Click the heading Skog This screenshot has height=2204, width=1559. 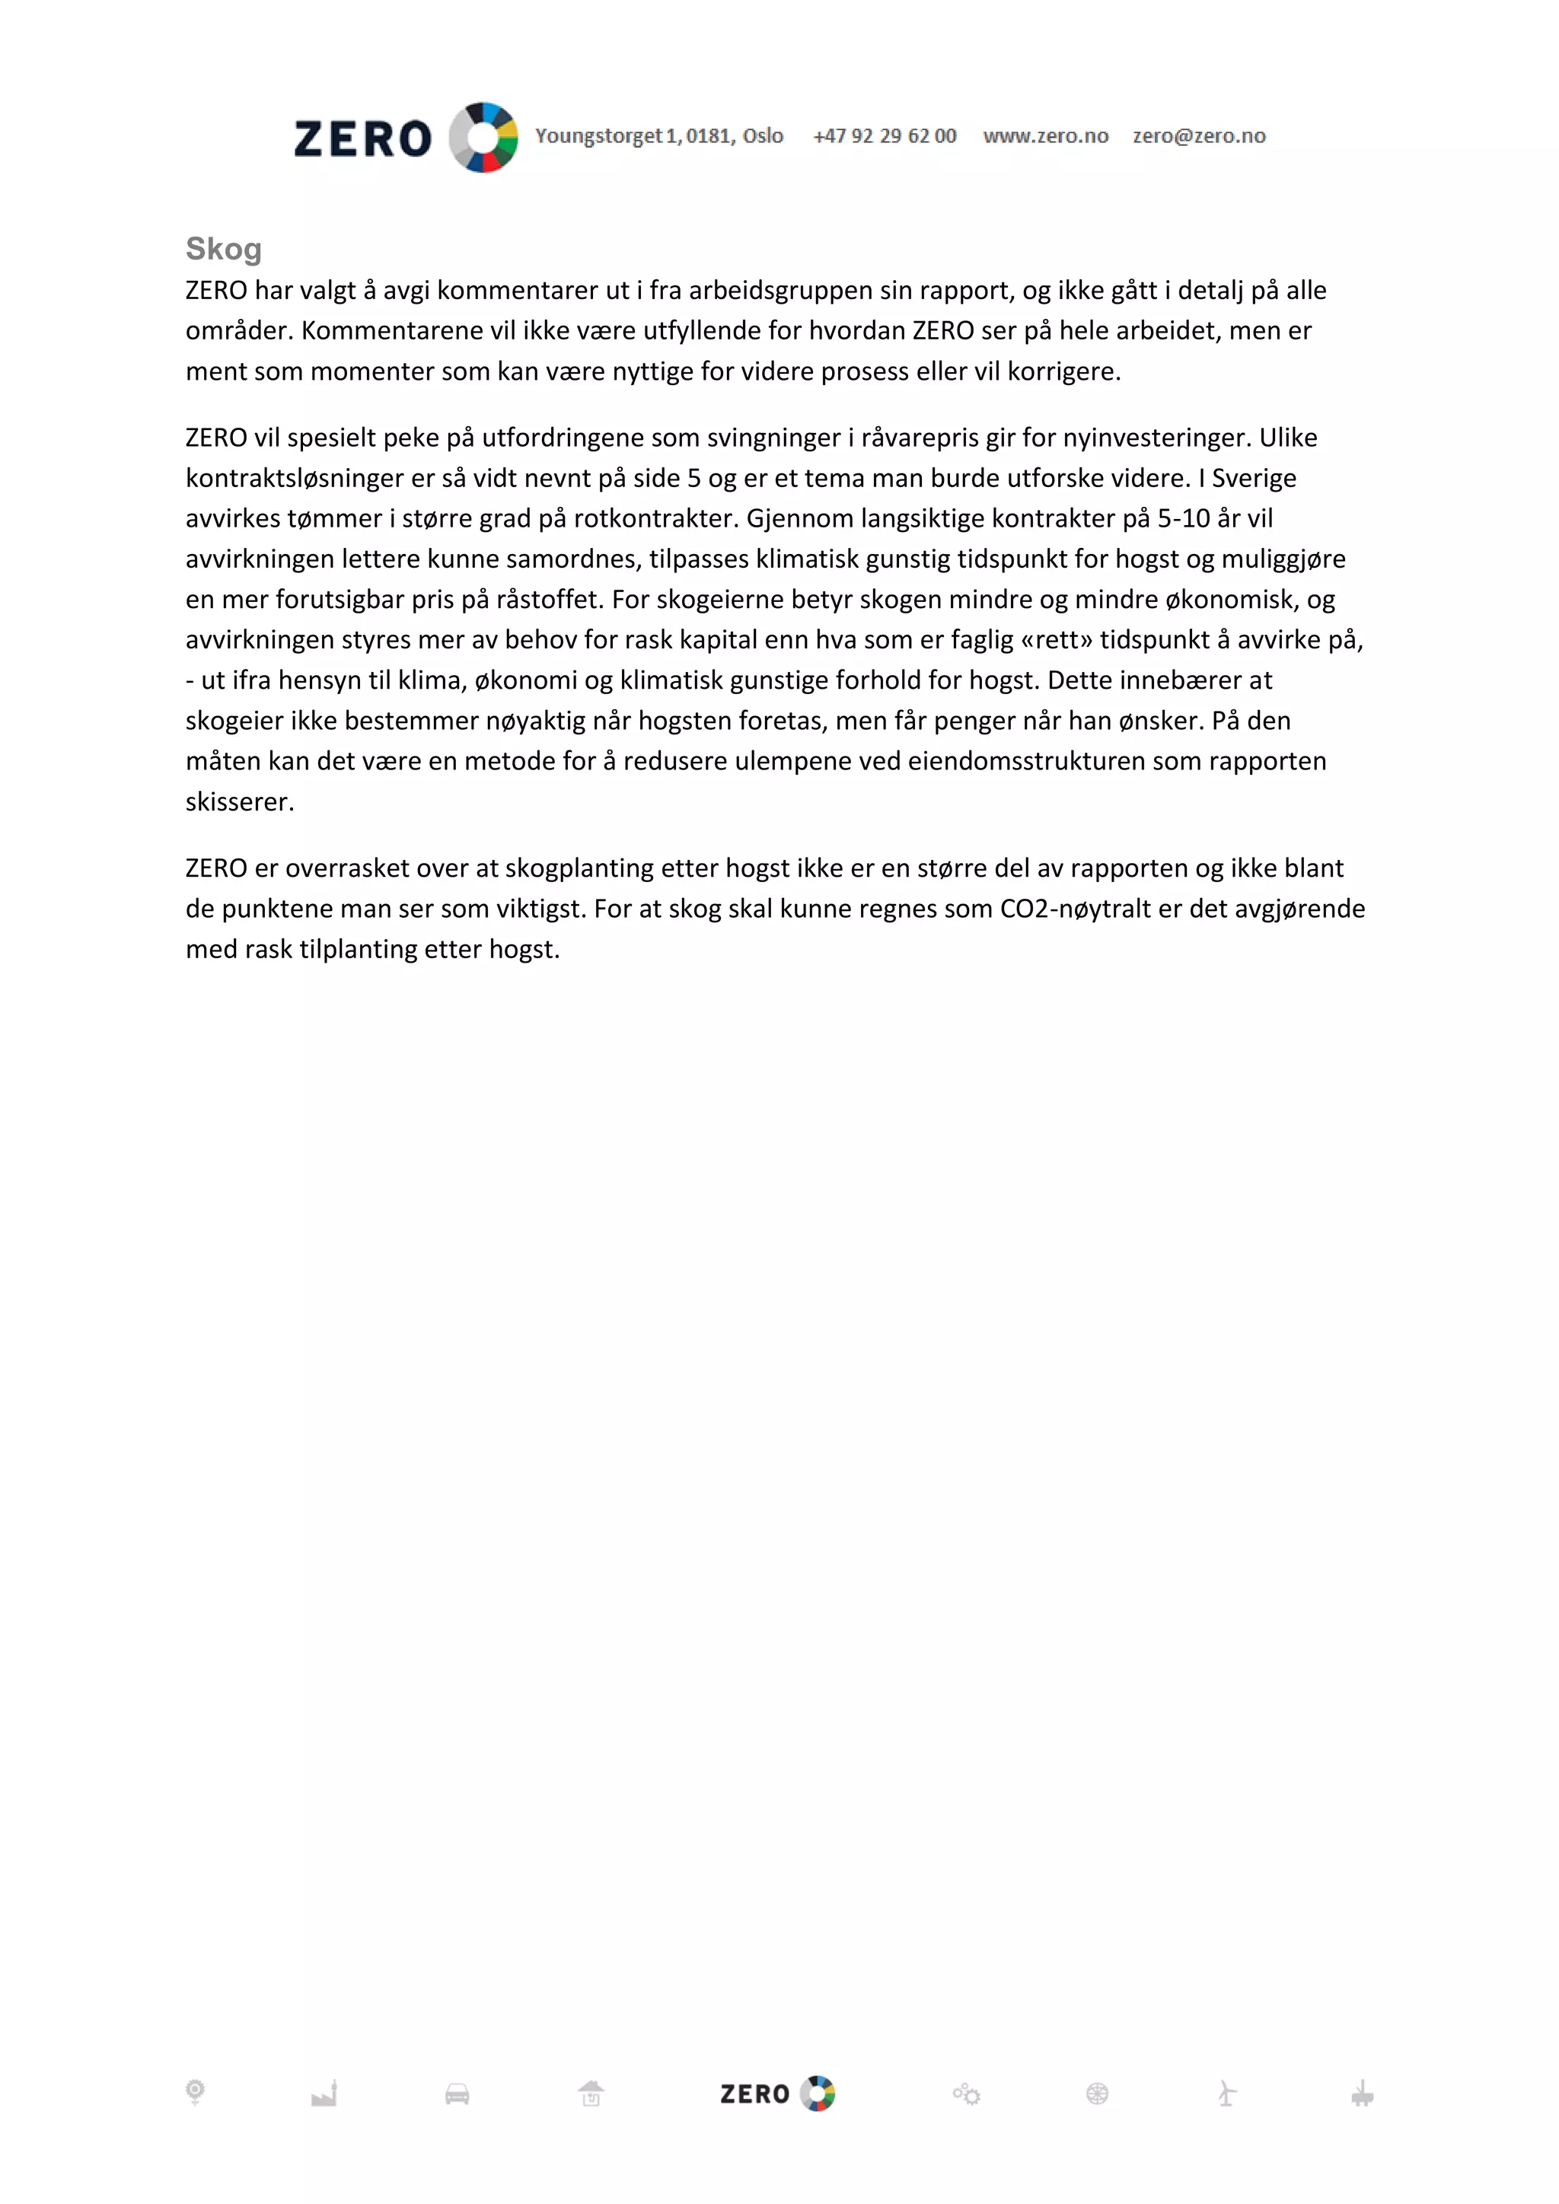click(x=224, y=249)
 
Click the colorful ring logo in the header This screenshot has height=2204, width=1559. click(x=484, y=137)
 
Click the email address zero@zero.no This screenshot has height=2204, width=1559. click(x=1199, y=136)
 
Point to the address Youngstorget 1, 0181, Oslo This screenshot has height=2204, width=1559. click(x=659, y=136)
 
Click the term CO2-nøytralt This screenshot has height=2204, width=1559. click(x=1075, y=908)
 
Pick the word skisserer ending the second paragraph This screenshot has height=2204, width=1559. click(x=240, y=801)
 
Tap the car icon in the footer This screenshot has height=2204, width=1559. click(x=457, y=2094)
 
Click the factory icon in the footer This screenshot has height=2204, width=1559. click(x=324, y=2094)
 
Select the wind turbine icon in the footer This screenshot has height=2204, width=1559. click(x=1227, y=2094)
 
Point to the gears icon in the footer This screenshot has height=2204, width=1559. click(x=967, y=2094)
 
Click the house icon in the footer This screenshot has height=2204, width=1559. click(x=591, y=2094)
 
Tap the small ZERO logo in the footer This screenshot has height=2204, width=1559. click(x=777, y=2094)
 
